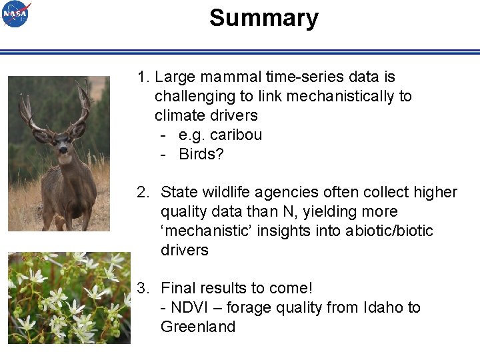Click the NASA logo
point(16,14)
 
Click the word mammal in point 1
point(229,77)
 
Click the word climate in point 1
point(178,115)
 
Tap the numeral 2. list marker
point(143,193)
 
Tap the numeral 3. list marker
point(143,289)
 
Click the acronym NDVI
point(189,308)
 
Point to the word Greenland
point(198,327)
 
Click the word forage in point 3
point(250,308)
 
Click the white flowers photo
point(69,298)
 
